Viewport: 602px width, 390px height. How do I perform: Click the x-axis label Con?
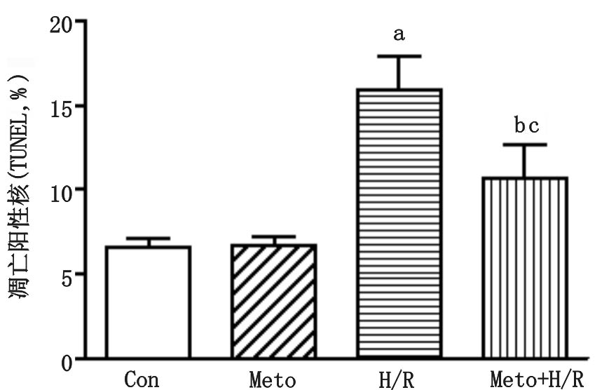click(142, 379)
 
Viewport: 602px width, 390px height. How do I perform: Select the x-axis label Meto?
click(273, 379)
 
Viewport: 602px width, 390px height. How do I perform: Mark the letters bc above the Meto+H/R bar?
click(526, 126)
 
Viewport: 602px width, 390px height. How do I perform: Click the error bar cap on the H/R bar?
click(399, 56)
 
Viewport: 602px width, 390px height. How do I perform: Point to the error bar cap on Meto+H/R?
click(525, 144)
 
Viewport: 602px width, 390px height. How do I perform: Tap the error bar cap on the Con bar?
click(148, 238)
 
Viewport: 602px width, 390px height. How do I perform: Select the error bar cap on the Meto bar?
click(274, 237)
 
